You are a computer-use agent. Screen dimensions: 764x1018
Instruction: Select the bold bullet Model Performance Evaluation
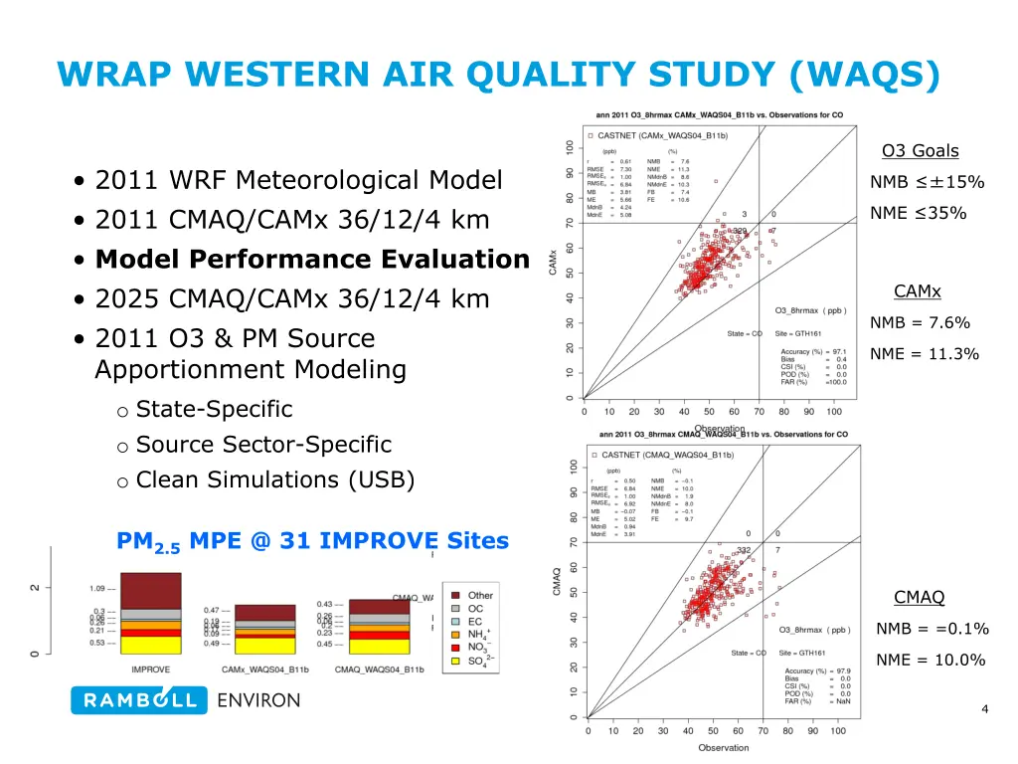coord(312,260)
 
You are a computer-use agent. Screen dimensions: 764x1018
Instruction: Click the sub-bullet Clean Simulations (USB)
coord(274,479)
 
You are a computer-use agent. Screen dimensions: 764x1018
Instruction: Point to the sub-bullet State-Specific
coord(214,409)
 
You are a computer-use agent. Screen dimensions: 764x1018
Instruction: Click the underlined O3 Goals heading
coord(920,151)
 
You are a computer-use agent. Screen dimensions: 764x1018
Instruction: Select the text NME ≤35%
coord(918,212)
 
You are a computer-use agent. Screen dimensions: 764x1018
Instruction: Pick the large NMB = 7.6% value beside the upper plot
coord(920,322)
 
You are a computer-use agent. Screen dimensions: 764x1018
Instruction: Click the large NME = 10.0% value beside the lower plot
coord(930,660)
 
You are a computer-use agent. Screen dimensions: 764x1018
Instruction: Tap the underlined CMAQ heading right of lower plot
coord(919,597)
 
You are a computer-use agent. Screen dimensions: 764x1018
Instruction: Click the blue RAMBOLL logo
coord(139,700)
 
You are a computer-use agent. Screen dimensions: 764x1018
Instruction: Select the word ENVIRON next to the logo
coord(257,700)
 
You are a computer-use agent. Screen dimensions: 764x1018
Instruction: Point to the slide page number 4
coord(984,709)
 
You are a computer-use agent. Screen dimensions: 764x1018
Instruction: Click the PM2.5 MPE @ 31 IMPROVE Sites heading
coord(312,542)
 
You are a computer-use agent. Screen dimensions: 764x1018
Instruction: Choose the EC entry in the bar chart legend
coord(475,622)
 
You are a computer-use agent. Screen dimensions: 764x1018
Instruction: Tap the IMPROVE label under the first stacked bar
coord(150,669)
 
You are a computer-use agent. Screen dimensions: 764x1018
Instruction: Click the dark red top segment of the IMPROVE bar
coord(150,588)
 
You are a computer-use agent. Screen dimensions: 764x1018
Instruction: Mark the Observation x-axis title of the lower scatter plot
coord(723,747)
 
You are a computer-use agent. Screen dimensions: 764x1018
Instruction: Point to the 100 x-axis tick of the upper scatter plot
coord(834,412)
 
